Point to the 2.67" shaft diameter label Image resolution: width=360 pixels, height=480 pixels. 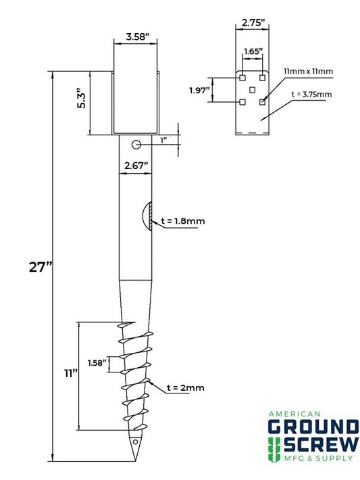[136, 164]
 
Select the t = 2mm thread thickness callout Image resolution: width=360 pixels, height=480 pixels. [184, 387]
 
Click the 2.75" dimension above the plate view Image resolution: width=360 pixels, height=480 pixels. [251, 22]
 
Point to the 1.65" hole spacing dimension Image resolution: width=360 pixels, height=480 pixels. [252, 51]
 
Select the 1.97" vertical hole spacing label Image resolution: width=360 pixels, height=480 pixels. [200, 90]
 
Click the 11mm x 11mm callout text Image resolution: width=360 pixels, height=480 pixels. [308, 71]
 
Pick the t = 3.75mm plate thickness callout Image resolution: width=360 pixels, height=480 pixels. [311, 95]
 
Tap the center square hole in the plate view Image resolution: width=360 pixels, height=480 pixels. [252, 90]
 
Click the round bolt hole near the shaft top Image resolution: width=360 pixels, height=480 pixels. [136, 144]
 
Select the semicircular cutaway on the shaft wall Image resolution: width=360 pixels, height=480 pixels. [147, 216]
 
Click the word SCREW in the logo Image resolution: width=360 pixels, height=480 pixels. [320, 445]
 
